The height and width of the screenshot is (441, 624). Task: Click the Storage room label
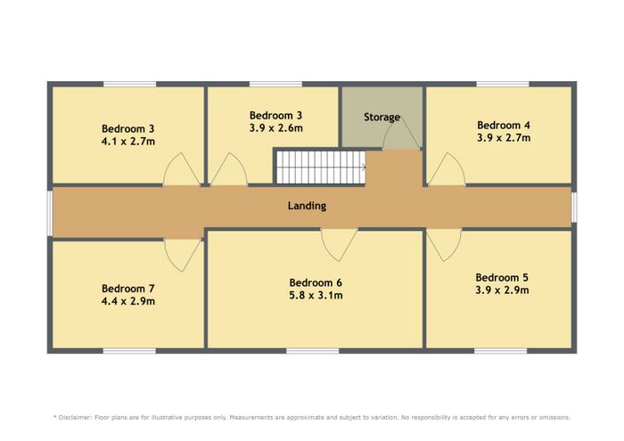[382, 118]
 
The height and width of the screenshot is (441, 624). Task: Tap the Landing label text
[307, 206]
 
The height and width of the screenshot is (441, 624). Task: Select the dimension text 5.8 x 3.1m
[316, 296]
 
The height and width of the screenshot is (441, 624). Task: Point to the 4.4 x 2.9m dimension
[128, 301]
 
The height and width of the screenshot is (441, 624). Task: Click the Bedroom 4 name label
[504, 126]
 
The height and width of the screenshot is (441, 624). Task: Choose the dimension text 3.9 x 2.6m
[275, 128]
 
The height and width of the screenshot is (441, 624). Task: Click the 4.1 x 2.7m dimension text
[128, 141]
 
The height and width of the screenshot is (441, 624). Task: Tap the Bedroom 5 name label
[502, 277]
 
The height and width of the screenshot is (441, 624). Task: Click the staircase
[320, 167]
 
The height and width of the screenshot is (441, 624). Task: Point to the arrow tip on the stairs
[365, 167]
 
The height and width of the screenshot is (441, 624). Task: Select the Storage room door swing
[401, 134]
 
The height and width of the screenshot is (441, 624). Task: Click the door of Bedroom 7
[183, 255]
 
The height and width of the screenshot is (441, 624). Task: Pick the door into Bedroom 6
[339, 245]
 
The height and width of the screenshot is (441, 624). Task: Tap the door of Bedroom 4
[447, 169]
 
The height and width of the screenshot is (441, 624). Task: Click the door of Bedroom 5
[444, 245]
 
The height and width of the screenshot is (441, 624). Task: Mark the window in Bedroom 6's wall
[312, 351]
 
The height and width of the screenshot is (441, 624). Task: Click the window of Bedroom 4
[503, 84]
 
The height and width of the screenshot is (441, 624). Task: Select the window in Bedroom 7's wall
[129, 351]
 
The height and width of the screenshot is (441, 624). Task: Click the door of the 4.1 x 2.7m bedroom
[182, 169]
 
